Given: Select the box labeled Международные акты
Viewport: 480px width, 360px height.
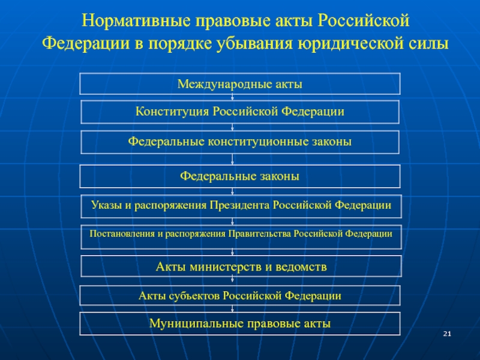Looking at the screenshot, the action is point(240,83).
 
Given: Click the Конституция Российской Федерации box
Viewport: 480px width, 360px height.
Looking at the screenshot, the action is point(240,112).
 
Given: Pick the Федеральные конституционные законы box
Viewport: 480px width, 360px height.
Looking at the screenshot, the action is point(240,142).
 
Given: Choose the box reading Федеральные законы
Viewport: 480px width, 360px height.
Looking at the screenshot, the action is point(240,176).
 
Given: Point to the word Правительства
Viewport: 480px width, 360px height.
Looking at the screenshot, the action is point(260,234).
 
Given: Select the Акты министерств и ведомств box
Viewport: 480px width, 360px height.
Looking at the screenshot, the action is point(241,266).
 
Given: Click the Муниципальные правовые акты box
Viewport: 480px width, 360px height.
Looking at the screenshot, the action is point(240,323).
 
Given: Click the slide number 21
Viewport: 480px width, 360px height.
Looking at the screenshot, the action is point(447,334).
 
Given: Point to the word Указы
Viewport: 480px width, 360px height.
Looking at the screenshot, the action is point(106,205).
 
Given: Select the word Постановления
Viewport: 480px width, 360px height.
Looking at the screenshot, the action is point(122,234).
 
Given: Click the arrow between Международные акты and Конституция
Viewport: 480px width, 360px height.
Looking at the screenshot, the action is point(232,97).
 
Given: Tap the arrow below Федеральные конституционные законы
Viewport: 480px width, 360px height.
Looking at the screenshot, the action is point(232,159).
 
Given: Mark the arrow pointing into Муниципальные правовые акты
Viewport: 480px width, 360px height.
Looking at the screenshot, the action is point(232,308).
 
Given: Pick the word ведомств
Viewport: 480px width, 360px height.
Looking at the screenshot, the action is point(301,267).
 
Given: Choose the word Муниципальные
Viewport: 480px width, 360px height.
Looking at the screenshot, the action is point(196,323).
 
